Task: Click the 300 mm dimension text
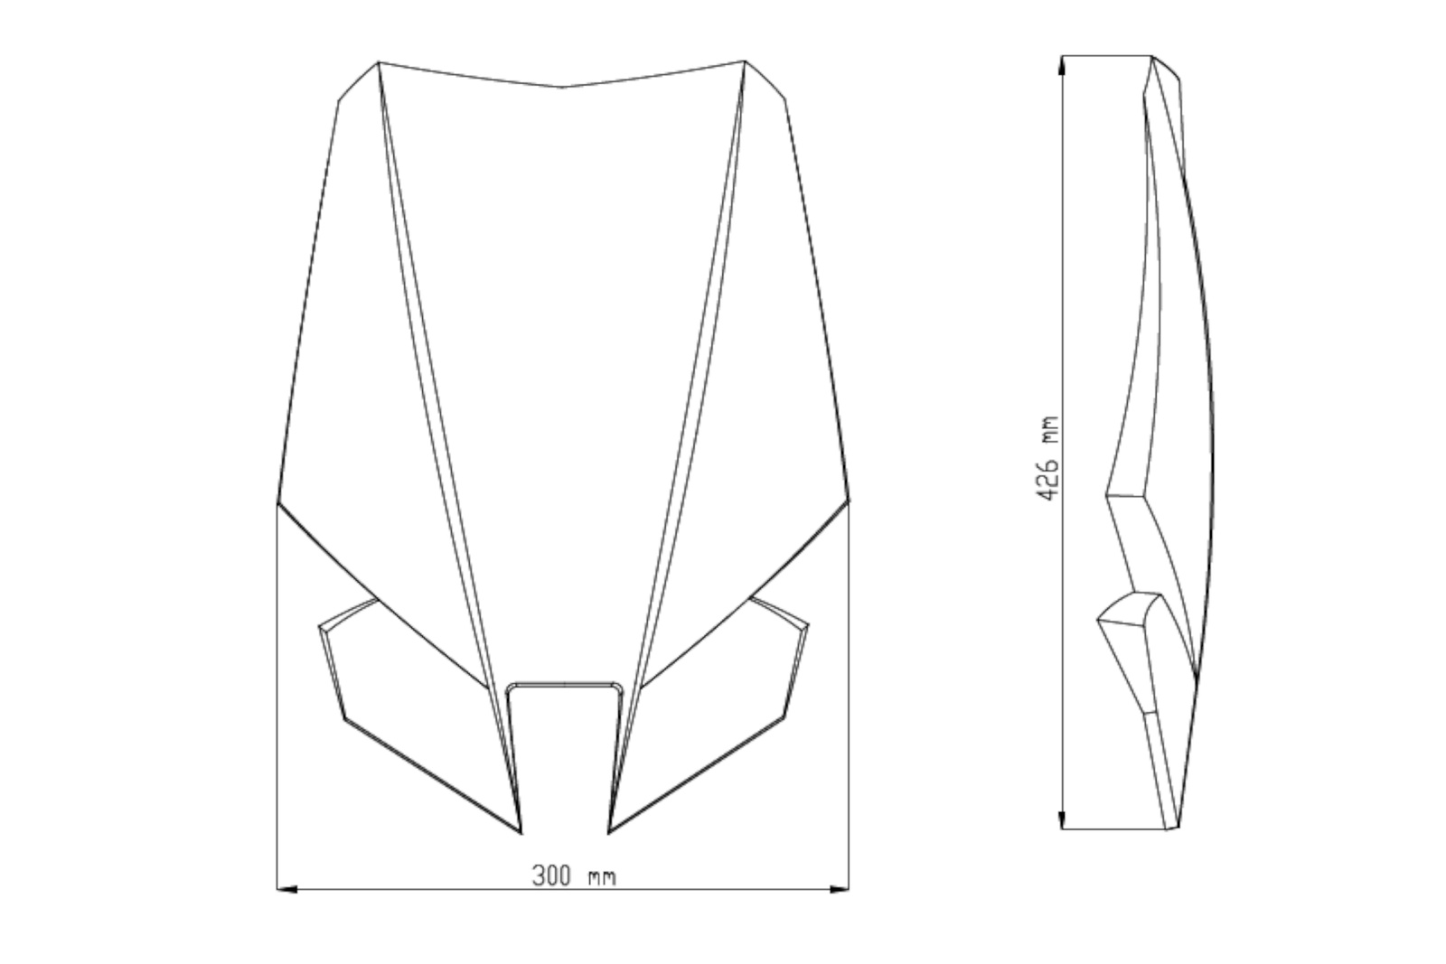pyautogui.click(x=574, y=875)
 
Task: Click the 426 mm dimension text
pyautogui.click(x=1047, y=458)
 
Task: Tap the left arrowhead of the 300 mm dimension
pyautogui.click(x=286, y=889)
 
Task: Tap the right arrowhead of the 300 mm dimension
pyautogui.click(x=840, y=889)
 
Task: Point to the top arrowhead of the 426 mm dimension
pyautogui.click(x=1062, y=65)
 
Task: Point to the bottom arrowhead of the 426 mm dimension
pyautogui.click(x=1062, y=819)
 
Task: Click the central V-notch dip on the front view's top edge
pyautogui.click(x=561, y=87)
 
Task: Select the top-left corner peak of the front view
pyautogui.click(x=379, y=62)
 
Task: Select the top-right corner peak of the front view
pyautogui.click(x=745, y=61)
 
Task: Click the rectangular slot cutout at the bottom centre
pyautogui.click(x=565, y=755)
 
